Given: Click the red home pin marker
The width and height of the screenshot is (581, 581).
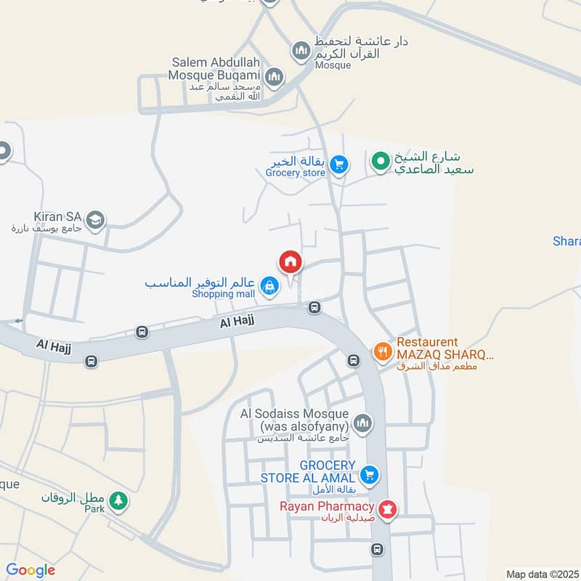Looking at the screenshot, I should click(290, 262).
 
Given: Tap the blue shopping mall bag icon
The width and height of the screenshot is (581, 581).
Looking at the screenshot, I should click(269, 285).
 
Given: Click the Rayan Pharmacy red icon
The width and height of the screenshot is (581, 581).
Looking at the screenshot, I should click(389, 510).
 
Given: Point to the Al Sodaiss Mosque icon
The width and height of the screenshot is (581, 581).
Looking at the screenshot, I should click(362, 423).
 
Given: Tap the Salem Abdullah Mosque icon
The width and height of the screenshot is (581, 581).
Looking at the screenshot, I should click(275, 76).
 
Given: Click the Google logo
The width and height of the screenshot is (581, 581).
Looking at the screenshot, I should click(31, 570).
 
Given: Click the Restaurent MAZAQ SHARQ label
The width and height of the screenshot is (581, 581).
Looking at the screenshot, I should click(444, 349).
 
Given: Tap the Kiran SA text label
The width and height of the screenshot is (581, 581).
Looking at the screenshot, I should click(56, 216).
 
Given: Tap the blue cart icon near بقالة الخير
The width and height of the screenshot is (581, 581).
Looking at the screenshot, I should click(338, 166).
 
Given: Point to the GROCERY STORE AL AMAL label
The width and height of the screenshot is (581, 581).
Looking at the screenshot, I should click(309, 471).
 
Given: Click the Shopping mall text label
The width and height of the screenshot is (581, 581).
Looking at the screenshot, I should click(224, 294).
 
